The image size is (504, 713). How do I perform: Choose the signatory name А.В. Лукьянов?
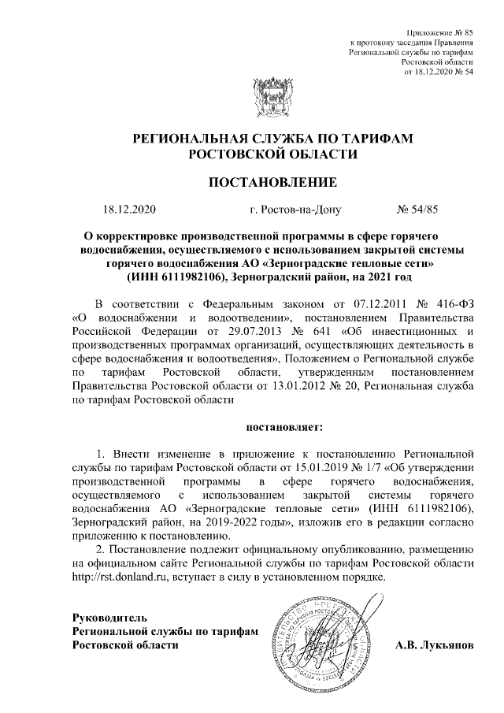click(435, 644)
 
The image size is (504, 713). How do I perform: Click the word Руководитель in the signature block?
click(109, 616)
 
